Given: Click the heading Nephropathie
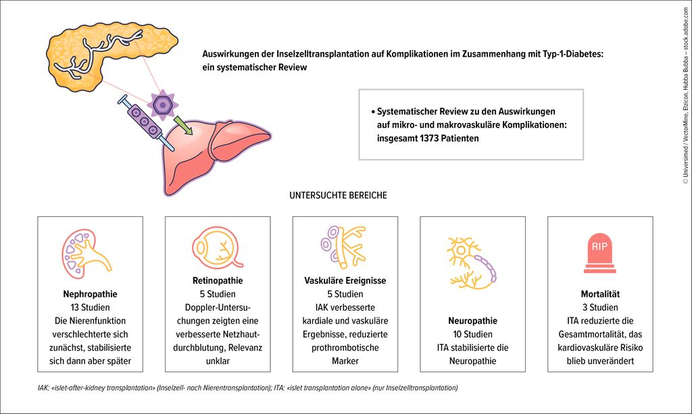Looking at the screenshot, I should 90,294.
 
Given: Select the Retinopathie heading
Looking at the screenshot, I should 218,280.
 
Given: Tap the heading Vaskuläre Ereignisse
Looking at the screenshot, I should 345,280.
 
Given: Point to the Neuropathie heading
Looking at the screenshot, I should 472,320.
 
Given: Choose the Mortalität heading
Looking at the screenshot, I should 600,294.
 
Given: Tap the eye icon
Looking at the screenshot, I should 217,247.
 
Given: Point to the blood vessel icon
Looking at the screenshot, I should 345,245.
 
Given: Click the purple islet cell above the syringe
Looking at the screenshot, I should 161,104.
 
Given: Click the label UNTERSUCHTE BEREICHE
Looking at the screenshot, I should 338,196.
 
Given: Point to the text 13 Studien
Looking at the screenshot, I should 90,307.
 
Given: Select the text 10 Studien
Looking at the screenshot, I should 472,334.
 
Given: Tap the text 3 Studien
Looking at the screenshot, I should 600,307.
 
